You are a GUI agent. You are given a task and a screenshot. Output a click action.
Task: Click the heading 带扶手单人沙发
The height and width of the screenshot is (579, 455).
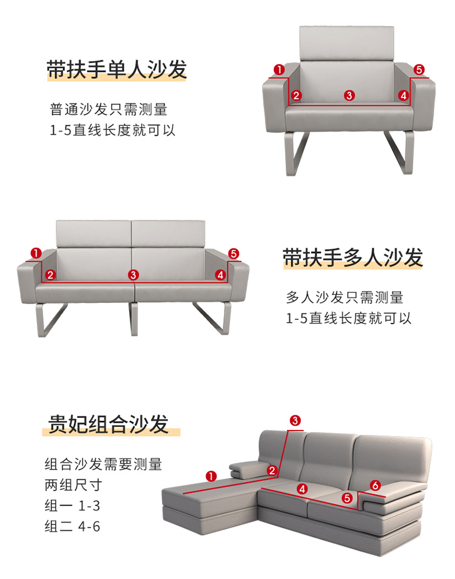click(x=116, y=69)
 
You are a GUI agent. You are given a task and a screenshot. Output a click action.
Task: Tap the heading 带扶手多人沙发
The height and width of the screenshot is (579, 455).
click(x=353, y=257)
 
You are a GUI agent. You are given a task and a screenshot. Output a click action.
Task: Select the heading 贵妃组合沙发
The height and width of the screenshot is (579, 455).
click(x=109, y=424)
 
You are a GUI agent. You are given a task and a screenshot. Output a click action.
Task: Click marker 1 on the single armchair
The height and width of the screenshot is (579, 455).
click(x=279, y=70)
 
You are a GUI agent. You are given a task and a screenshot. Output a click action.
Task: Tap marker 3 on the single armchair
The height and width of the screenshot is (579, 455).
click(x=349, y=95)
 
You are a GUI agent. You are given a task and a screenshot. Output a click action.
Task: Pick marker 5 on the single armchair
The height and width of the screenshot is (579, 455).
click(x=419, y=70)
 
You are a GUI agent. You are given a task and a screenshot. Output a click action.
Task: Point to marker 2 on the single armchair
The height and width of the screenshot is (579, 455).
click(x=296, y=95)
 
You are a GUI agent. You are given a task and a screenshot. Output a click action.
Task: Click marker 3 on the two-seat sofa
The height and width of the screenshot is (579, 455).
click(x=133, y=275)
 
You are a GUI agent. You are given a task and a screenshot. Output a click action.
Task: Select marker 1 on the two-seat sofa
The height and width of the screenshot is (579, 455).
click(x=36, y=253)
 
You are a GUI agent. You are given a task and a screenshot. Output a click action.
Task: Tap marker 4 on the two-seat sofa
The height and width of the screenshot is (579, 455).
click(x=221, y=275)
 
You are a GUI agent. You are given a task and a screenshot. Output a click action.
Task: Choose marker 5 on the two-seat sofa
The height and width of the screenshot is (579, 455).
click(x=234, y=254)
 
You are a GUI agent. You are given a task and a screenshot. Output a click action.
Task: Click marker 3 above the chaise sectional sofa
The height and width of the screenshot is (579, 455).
click(x=295, y=420)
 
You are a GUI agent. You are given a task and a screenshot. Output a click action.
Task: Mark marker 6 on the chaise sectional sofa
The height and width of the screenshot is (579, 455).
click(x=375, y=485)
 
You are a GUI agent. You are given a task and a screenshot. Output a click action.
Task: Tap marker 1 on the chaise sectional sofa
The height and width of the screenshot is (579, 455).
click(x=211, y=477)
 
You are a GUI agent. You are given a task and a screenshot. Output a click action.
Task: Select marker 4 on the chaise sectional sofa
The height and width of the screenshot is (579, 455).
click(x=302, y=489)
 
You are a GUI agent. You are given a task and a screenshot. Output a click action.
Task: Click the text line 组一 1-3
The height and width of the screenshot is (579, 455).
click(x=73, y=506)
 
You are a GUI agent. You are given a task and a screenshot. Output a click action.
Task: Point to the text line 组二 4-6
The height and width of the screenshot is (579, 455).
click(x=73, y=526)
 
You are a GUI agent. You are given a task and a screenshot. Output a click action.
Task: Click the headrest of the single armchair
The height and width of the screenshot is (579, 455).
click(x=346, y=43)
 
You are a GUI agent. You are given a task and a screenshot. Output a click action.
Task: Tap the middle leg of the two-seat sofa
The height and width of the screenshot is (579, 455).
click(x=134, y=319)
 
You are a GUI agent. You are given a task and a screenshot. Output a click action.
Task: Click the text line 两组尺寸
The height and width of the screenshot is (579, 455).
click(x=73, y=485)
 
